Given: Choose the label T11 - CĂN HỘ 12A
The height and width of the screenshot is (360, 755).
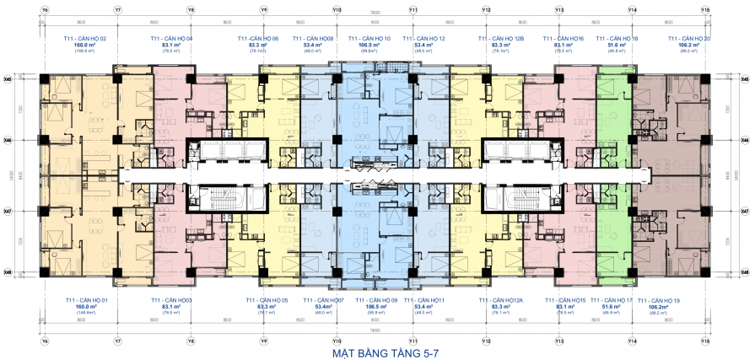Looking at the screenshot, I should point(501,300).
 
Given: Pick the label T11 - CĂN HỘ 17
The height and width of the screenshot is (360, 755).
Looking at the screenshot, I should point(612,300).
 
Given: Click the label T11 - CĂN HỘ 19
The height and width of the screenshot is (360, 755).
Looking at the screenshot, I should point(661,300).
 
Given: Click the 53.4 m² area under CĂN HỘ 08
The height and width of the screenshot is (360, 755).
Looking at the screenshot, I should point(313,45).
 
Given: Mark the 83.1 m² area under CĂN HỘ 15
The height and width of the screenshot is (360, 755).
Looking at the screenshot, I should point(565,307).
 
